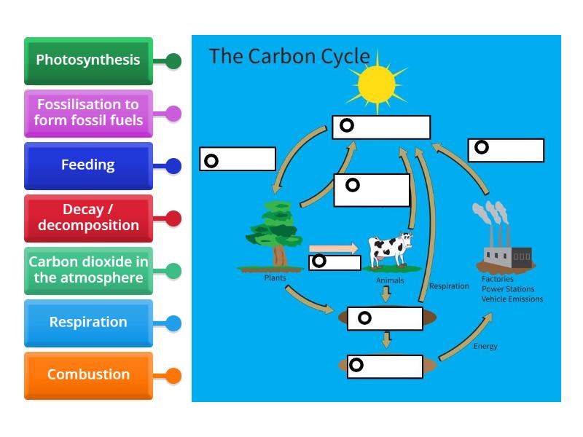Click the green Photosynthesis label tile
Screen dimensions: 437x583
pyautogui.click(x=88, y=60)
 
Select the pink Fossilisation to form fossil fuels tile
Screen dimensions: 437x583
pyautogui.click(x=88, y=113)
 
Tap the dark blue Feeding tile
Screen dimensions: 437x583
pyautogui.click(x=88, y=165)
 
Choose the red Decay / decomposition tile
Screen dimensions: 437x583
pyautogui.click(x=88, y=218)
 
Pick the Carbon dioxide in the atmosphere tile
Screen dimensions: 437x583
pyautogui.click(x=88, y=270)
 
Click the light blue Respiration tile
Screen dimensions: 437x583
pyautogui.click(x=88, y=323)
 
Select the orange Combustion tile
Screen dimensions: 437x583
pyautogui.click(x=88, y=375)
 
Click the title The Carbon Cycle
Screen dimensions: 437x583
pyautogui.click(x=289, y=57)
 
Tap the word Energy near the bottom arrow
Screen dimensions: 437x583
pyautogui.click(x=485, y=346)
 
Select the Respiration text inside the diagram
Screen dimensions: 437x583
pyautogui.click(x=449, y=286)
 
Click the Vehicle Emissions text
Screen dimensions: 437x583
pyautogui.click(x=512, y=299)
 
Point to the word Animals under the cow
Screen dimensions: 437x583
pyautogui.click(x=390, y=280)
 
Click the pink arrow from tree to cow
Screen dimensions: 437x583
pyautogui.click(x=334, y=248)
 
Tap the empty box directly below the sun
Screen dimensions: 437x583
pyautogui.click(x=381, y=127)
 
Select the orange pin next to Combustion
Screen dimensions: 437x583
pyautogui.click(x=173, y=376)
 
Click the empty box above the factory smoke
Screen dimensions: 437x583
pyautogui.click(x=506, y=150)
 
